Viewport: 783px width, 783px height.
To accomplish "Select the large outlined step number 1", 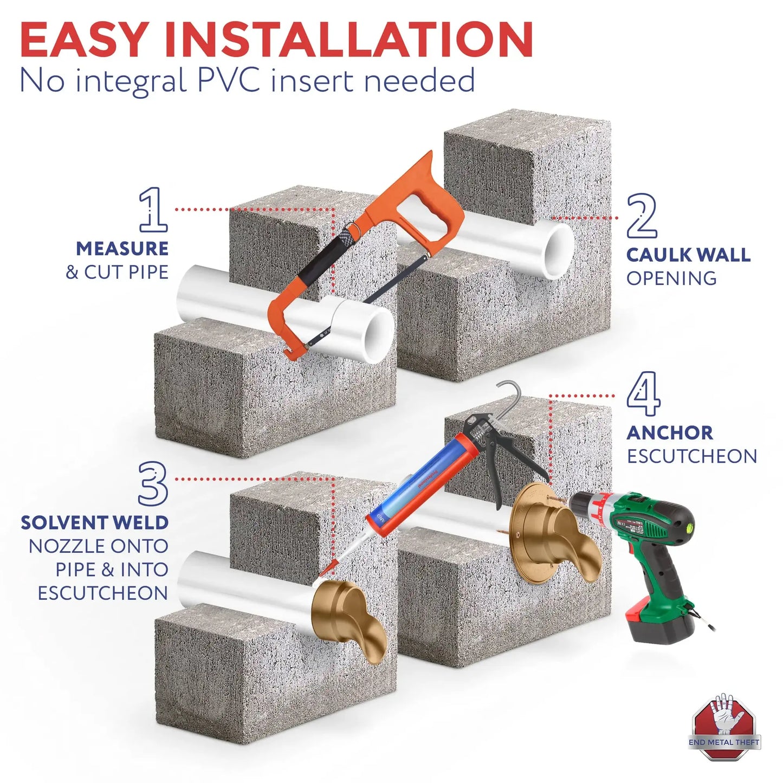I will point(153,210).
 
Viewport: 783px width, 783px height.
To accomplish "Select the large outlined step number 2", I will point(642,216).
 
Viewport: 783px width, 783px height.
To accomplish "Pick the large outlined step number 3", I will point(153,483).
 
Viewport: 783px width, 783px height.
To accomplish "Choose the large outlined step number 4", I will point(644,394).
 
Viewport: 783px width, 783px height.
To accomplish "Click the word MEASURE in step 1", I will point(122,249).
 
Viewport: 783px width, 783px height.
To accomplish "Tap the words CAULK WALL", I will point(688,255).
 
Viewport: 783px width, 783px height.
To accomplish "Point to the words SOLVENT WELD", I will point(94,523).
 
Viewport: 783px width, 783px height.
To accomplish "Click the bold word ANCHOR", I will point(670,433).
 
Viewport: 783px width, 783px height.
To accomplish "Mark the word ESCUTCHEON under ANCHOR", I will point(692,456).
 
